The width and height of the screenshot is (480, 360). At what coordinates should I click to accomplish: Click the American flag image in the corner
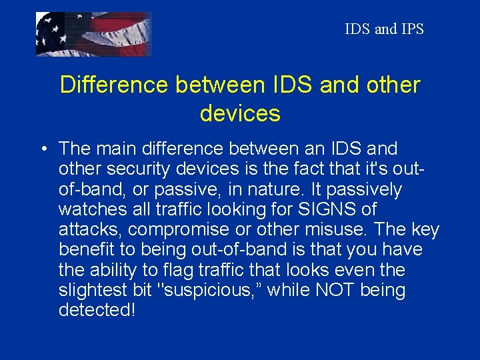click(93, 34)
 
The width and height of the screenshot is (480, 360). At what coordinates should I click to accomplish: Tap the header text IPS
click(411, 29)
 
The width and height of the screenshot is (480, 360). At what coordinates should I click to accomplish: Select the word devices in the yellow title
click(240, 113)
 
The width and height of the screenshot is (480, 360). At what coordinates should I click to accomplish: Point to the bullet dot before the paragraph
click(42, 149)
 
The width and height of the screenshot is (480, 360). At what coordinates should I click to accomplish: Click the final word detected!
click(97, 311)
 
